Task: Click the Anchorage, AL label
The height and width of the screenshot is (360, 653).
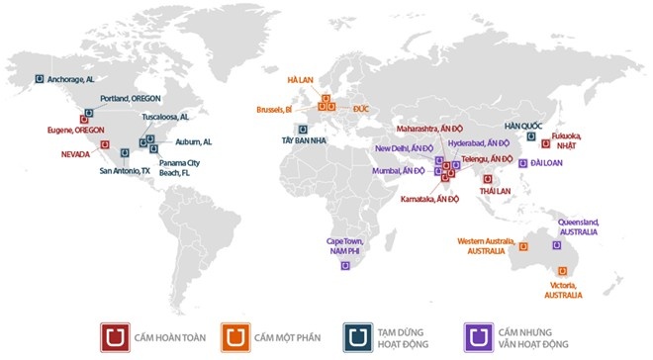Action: point(70,79)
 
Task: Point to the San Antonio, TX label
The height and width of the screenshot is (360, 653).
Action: point(125,170)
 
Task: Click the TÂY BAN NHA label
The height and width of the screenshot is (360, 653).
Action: point(302,141)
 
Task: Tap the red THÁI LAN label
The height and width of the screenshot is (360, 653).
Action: point(494,189)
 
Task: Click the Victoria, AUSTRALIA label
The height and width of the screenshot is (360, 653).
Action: point(565,290)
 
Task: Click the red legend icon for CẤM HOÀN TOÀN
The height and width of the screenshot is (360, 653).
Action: point(115,337)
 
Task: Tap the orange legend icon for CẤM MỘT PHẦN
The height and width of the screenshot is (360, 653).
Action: point(233,337)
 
